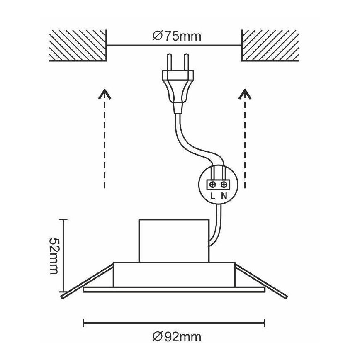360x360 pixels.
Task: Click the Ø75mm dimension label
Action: (x=177, y=36)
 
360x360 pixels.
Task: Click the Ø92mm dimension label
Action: (x=177, y=337)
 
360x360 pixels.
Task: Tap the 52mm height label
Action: (x=54, y=256)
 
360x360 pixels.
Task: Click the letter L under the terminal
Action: (x=213, y=196)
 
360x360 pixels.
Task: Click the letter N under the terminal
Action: (x=224, y=196)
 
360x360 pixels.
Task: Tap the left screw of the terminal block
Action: (x=213, y=185)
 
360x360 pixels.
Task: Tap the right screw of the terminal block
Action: (x=224, y=185)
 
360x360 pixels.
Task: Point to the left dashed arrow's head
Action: (x=105, y=94)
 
